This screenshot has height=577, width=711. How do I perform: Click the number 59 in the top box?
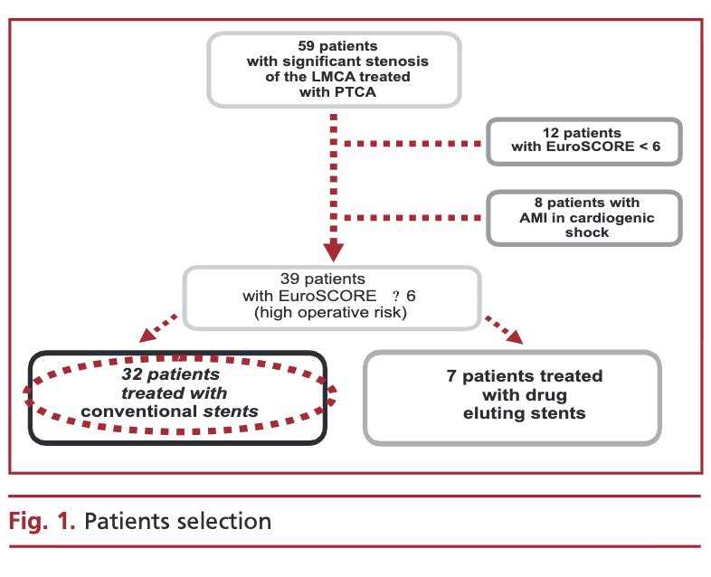(x=306, y=46)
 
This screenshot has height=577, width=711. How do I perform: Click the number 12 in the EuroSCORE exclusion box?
(x=551, y=133)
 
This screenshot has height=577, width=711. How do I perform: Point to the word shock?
(x=587, y=232)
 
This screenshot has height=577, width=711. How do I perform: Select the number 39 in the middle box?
(x=289, y=279)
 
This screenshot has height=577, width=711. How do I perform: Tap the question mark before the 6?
(x=396, y=296)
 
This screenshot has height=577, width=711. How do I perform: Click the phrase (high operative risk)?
(x=330, y=312)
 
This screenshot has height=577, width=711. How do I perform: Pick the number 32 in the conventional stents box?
(x=132, y=374)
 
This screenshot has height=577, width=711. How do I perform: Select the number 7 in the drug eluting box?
(x=451, y=376)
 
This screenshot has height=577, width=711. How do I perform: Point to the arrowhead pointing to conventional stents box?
(x=147, y=336)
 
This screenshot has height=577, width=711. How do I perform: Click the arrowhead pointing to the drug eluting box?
(x=515, y=336)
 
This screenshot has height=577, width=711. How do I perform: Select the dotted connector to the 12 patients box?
(x=412, y=144)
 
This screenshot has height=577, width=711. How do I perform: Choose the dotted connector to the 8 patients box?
(x=412, y=218)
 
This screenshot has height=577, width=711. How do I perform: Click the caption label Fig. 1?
(x=42, y=521)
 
